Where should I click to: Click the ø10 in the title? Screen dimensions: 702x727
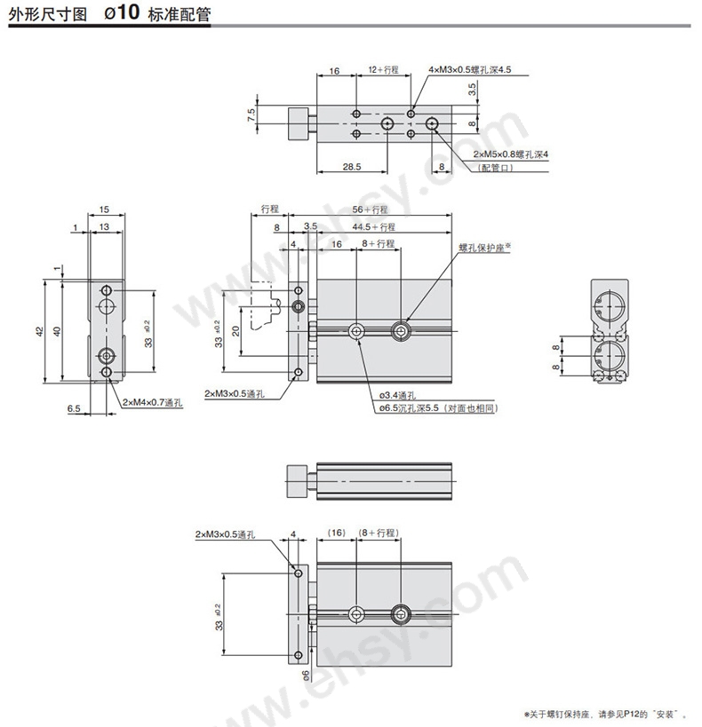coord(122,12)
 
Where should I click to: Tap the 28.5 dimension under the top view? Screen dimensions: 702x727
coord(352,167)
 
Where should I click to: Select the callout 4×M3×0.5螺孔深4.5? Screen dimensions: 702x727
coord(469,69)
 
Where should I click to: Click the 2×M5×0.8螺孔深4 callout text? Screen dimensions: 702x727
coord(511,154)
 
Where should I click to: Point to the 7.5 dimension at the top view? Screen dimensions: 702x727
coord(251,115)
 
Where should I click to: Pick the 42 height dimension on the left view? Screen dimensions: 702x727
coord(40,331)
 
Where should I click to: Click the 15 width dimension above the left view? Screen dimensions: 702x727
coord(104,209)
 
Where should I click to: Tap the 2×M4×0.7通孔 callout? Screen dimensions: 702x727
coord(152,402)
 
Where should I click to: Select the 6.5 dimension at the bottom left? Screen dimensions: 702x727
coord(74,408)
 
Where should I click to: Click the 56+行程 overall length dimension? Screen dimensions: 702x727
coord(370,209)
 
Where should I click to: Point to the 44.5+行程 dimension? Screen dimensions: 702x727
coord(374,226)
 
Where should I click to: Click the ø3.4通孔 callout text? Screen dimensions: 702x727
coord(397,396)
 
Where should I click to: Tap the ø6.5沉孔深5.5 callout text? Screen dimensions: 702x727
coord(409,408)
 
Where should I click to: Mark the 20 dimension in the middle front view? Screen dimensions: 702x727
coord(235,331)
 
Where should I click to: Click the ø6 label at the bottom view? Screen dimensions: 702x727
coord(305,676)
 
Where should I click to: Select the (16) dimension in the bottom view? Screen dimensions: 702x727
coord(337,533)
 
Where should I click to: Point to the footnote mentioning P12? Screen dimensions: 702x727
coord(605,714)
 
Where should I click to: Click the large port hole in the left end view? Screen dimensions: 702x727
coord(107,305)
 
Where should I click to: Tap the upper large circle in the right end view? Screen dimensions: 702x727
coord(610,305)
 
